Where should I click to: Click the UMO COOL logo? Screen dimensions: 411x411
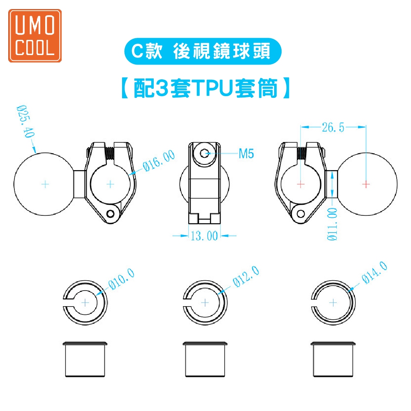click(35, 36)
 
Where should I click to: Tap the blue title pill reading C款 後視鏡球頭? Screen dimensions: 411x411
click(203, 51)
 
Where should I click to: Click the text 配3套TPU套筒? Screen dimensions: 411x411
click(206, 88)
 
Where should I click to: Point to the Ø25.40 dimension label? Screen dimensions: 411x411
click(25, 121)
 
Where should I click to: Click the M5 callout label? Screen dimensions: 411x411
click(246, 154)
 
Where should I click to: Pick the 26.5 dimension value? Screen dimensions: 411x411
click(333, 127)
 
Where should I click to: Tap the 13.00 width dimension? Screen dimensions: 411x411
click(204, 236)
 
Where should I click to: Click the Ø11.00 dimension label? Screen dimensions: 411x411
click(332, 224)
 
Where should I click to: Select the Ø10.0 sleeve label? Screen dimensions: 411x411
click(122, 279)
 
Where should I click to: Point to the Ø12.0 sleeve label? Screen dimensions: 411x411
click(246, 276)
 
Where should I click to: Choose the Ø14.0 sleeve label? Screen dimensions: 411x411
click(374, 272)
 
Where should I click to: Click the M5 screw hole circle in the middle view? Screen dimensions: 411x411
click(205, 153)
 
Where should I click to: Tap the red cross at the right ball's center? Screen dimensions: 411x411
click(366, 184)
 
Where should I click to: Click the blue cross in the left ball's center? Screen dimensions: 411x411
click(45, 184)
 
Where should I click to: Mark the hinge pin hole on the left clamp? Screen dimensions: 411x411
click(111, 214)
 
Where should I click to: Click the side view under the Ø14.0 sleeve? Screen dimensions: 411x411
click(333, 359)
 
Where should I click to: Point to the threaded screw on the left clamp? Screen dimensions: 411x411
click(110, 154)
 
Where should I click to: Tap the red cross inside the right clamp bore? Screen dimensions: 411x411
click(301, 184)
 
